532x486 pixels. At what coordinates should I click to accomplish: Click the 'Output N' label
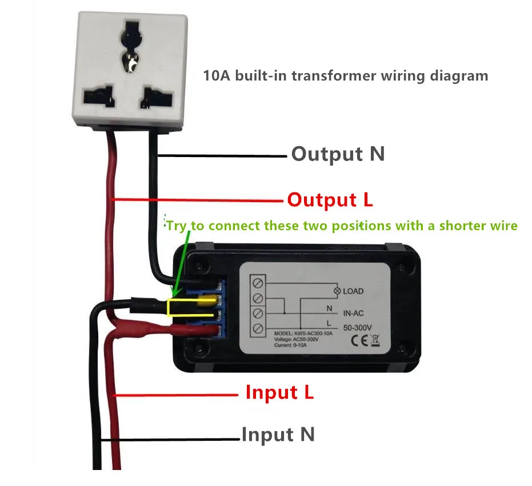[x=338, y=154]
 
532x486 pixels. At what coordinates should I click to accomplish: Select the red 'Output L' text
[x=330, y=200]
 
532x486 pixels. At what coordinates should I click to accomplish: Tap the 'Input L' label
[x=279, y=392]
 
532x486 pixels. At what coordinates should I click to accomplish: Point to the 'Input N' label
[x=278, y=435]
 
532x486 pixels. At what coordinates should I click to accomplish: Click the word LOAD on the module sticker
[x=353, y=291]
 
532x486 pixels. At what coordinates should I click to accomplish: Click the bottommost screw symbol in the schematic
[x=258, y=328]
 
